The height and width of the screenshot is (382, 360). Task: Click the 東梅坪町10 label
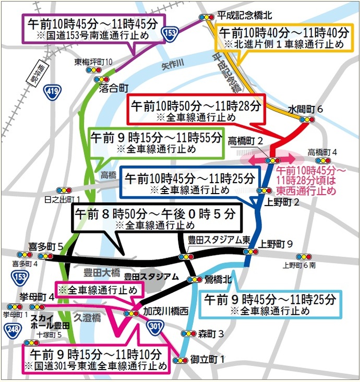pos(93,62)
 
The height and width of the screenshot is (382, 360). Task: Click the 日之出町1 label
pos(62,199)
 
